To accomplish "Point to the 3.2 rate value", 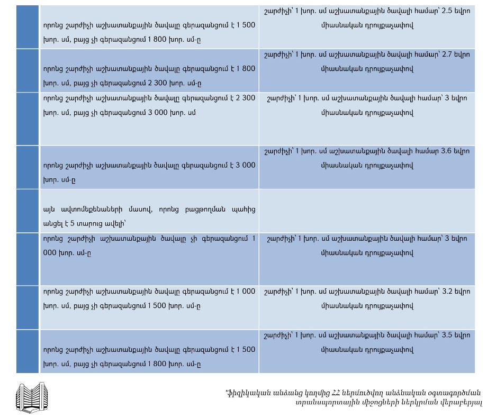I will pos(448,292).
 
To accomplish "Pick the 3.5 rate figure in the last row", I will pos(448,335).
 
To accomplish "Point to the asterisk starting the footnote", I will pos(227,392).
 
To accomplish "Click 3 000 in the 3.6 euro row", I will pos(244,165).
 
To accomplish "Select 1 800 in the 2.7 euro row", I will pos(244,69).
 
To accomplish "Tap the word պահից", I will pos(243,210).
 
